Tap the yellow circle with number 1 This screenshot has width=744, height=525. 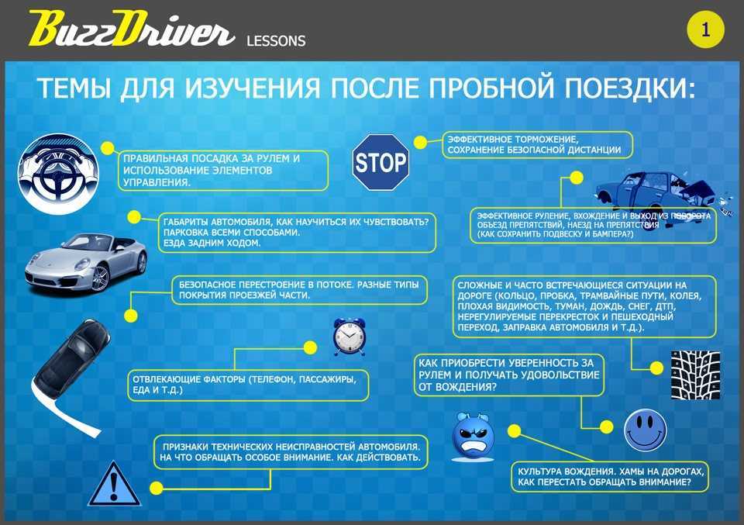point(705,29)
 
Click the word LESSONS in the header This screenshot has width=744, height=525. point(276,41)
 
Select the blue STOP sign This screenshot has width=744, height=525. point(381,162)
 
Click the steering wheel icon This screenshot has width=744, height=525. point(58,173)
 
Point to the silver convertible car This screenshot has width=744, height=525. point(86,263)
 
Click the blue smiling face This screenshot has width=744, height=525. point(645,430)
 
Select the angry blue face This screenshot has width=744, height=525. point(473,437)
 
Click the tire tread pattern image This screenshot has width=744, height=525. point(695,375)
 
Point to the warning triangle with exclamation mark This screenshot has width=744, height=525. point(115,484)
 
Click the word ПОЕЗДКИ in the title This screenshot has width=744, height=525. point(629,88)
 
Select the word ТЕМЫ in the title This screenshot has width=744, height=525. point(74,88)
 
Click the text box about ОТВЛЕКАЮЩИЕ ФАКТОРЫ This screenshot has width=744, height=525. point(248,385)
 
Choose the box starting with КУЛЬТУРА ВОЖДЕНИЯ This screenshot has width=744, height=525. point(610,477)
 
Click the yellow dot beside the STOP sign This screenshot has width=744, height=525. point(420,142)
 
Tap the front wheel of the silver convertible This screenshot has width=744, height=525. point(100,278)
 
